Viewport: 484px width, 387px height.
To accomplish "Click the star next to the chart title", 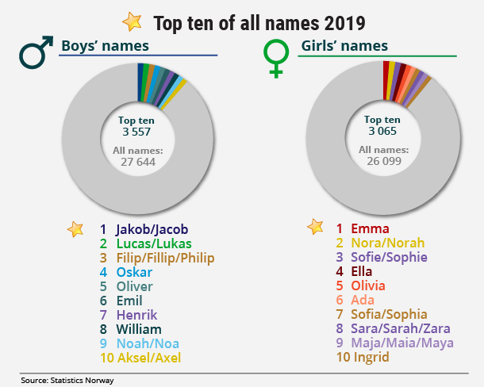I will point(132,21).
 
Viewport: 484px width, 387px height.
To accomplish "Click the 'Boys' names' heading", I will point(106,45).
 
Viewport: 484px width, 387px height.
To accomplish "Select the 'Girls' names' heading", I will point(344,45).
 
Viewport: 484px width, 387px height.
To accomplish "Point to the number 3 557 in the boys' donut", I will point(136,132).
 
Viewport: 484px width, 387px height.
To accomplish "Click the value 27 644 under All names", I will point(136,161).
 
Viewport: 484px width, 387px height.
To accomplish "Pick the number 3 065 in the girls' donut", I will point(383,132).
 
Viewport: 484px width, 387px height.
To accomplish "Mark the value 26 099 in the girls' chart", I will point(383,161).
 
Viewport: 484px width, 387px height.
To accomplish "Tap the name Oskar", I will point(134,272).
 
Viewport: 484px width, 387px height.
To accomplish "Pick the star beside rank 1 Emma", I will point(316,228).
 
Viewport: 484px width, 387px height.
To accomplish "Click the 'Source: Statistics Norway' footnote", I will point(67,381).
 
